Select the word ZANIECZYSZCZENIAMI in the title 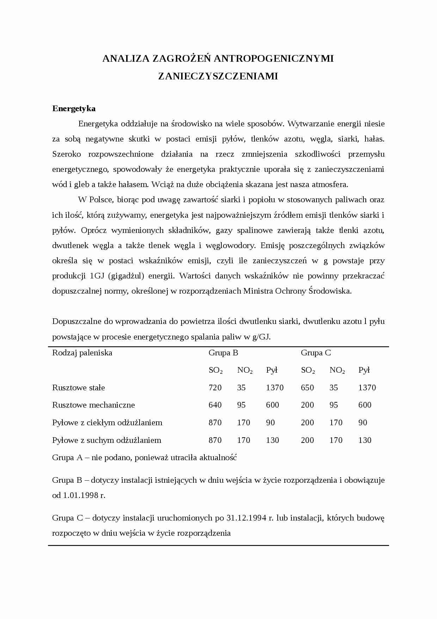pos(218,76)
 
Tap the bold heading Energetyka pos(74,108)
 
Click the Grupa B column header pos(223,353)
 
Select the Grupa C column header pos(316,353)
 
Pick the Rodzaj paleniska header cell pos(82,353)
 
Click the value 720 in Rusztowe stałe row pos(215,387)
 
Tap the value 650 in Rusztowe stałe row pos(307,387)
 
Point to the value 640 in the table pos(215,405)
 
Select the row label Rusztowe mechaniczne pos(93,405)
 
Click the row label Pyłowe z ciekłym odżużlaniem pos(107,422)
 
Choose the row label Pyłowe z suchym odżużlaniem pos(106,440)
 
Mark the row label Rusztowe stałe pos(79,387)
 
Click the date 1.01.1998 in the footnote pos(80,495)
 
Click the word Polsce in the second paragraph pos(100,200)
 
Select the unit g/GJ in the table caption pos(261,337)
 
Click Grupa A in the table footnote pos(68,458)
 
